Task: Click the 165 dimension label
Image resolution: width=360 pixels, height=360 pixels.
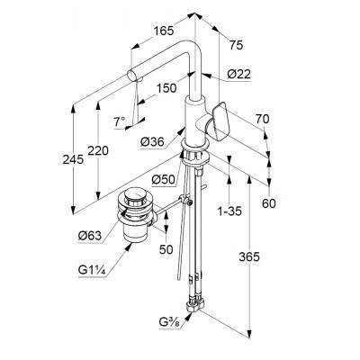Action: pos(164,31)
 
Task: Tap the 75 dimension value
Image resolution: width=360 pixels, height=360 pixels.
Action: pos(236,45)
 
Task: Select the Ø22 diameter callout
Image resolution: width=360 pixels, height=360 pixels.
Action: pos(238,74)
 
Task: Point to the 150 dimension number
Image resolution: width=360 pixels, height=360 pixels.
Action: pos(166,88)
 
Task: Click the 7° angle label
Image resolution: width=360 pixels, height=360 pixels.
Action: pos(119,121)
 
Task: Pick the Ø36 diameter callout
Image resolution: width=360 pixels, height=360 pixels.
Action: pos(153,141)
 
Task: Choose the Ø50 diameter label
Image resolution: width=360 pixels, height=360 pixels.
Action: pos(163,179)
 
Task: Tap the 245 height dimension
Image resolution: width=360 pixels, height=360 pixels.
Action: pos(73,159)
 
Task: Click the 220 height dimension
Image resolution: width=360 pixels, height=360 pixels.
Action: pos(98,150)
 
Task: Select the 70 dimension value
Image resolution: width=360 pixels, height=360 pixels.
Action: pos(263,119)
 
